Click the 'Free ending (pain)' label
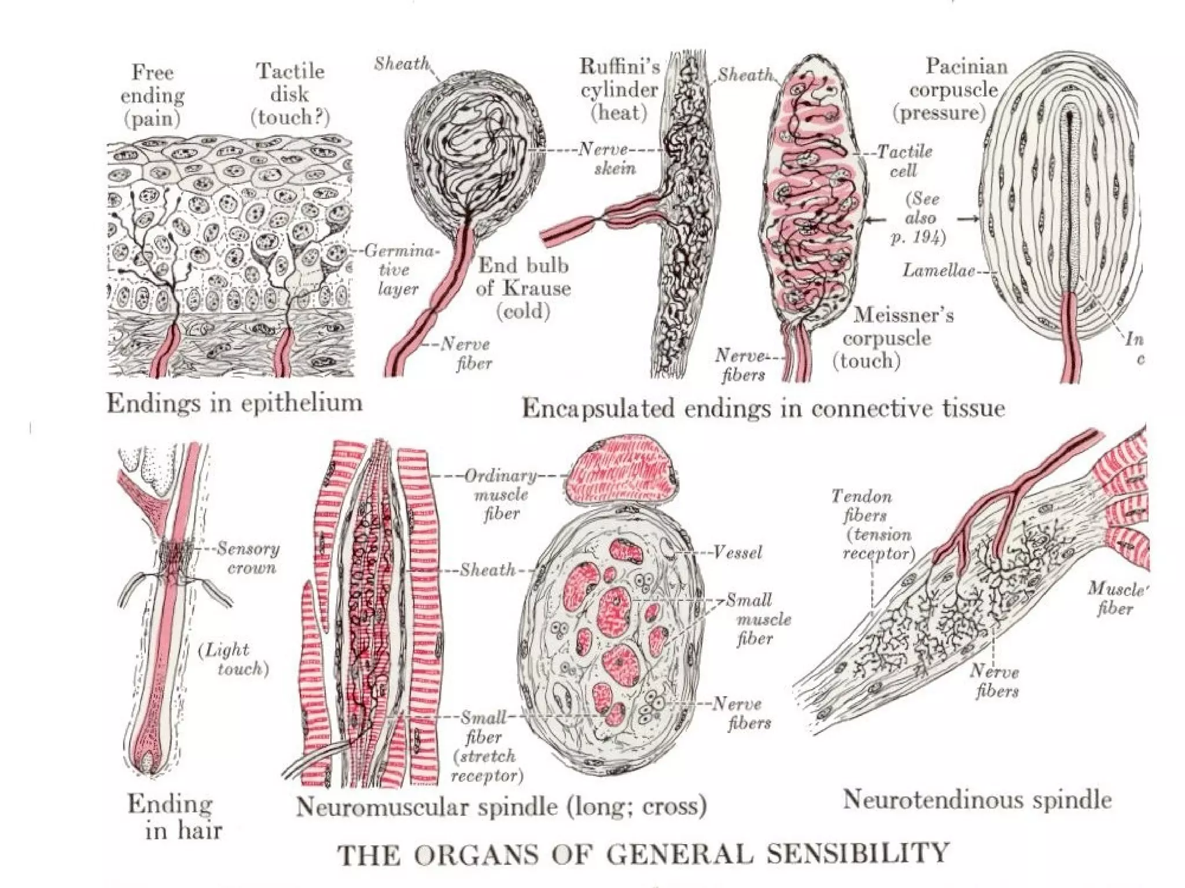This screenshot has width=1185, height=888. [x=152, y=95]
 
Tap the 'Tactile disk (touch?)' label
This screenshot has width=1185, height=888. [x=290, y=94]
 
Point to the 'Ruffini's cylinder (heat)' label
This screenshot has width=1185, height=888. [x=620, y=90]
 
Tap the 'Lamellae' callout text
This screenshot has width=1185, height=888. [x=939, y=270]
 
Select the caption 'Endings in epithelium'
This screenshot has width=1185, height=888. [x=234, y=403]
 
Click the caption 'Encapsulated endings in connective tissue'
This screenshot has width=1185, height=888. [x=763, y=408]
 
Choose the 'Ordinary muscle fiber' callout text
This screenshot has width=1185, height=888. [x=501, y=494]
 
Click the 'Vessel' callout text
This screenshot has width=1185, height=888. [x=738, y=553]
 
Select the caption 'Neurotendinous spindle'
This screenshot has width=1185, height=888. [x=977, y=800]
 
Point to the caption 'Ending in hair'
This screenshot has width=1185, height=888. [x=174, y=816]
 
